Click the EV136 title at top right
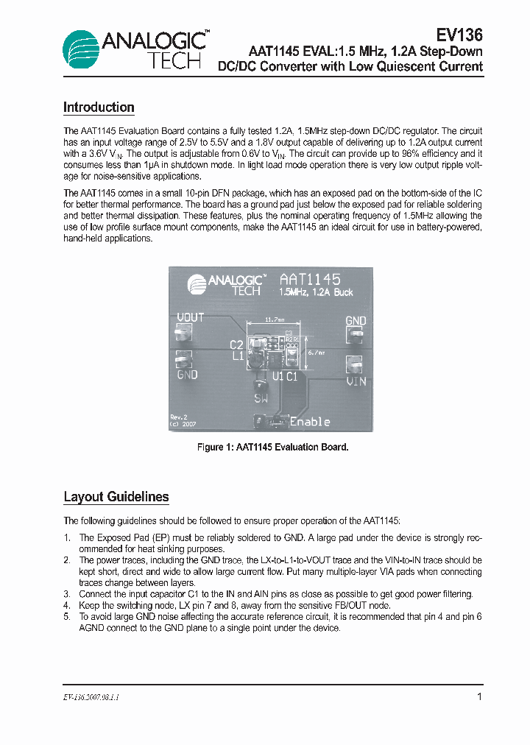click(459, 35)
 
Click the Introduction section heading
click(99, 107)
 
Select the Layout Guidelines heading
click(116, 497)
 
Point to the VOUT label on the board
click(191, 318)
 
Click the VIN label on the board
click(356, 381)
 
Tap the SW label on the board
click(261, 399)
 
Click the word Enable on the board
click(310, 422)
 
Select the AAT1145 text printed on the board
click(310, 280)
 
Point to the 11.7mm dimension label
click(274, 320)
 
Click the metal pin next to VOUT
click(182, 335)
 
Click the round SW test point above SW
click(260, 385)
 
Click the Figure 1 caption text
click(272, 447)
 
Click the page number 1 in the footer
click(479, 696)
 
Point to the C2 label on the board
click(236, 345)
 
